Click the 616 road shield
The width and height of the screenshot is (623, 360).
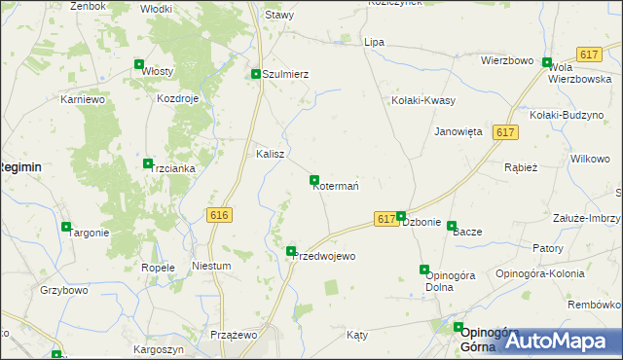coord(219,215)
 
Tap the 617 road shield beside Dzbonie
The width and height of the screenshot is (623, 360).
coord(385,220)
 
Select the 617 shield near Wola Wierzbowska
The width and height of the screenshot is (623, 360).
coord(588,54)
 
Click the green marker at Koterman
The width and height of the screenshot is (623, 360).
coord(314,180)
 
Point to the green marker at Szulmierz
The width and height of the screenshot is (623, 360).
coord(256,74)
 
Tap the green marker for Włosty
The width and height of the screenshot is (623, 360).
coord(139,65)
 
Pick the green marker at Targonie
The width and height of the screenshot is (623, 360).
coord(66,227)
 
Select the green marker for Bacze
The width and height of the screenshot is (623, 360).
coord(452,226)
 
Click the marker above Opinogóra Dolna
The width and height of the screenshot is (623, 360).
coord(423,270)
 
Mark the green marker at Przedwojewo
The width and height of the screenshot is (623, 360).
coord(291,251)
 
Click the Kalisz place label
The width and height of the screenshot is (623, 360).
coord(270,154)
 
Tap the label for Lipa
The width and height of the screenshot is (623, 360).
coord(374,43)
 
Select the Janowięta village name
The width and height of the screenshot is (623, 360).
coord(458,131)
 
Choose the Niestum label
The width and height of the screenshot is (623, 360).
coord(211,266)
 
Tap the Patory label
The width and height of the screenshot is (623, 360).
coord(548,248)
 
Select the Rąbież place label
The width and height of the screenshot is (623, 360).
coord(521,166)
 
